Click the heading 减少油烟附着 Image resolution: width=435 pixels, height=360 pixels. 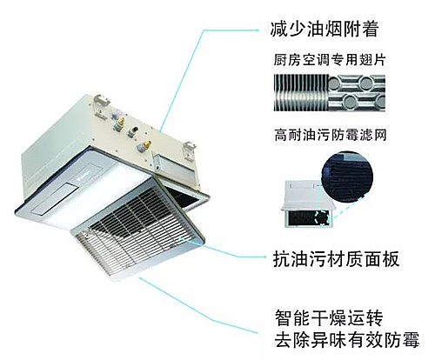coord(325,29)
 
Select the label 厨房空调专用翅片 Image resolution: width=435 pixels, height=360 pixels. coord(330,60)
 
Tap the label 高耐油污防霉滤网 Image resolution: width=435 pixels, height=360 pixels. coord(331,135)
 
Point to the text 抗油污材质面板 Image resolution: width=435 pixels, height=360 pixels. coord(336,258)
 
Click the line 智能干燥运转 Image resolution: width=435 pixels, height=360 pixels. coord(329,318)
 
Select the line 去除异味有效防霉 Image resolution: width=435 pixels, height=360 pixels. coord(347,339)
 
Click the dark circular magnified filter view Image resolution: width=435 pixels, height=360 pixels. coord(347,177)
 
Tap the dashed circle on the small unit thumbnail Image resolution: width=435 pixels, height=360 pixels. coord(323,217)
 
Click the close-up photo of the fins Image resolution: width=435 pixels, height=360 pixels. coord(330,93)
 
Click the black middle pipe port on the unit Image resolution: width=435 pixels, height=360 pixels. coord(134,131)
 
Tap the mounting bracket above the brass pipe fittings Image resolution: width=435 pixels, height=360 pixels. coord(102,103)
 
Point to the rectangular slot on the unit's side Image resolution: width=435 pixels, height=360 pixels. coord(173,168)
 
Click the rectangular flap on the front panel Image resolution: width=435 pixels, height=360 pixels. coord(55,199)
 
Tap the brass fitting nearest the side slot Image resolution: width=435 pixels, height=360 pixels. coord(144,146)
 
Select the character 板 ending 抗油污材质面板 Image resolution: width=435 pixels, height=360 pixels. coord(391,258)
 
